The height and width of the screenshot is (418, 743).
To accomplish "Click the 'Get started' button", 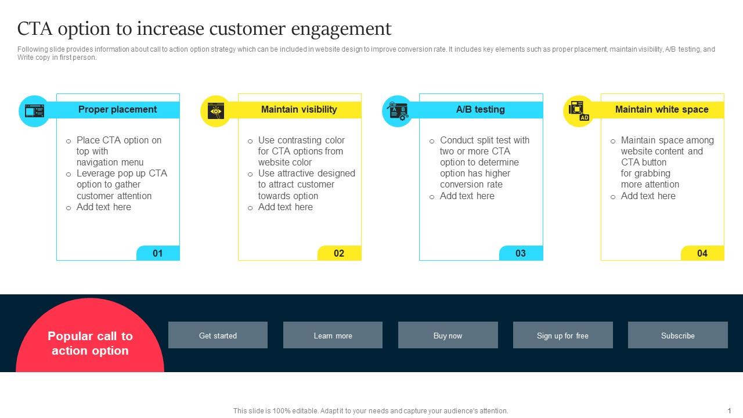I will pyautogui.click(x=218, y=335).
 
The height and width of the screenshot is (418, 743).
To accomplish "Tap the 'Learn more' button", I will pyautogui.click(x=333, y=335).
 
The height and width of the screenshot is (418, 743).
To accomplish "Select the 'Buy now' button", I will pyautogui.click(x=448, y=335).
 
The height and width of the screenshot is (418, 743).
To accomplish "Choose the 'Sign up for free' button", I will pyautogui.click(x=562, y=335).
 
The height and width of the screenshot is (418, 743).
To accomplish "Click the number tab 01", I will pyautogui.click(x=158, y=253).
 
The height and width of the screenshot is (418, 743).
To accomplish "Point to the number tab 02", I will pyautogui.click(x=339, y=253).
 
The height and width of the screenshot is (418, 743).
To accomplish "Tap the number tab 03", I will pyautogui.click(x=521, y=253).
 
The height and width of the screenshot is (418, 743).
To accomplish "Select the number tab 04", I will pyautogui.click(x=702, y=253).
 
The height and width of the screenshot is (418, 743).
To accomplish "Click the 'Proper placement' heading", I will pyautogui.click(x=117, y=110).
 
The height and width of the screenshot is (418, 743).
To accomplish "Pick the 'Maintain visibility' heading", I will pyautogui.click(x=299, y=110).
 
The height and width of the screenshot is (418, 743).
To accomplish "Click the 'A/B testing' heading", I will pyautogui.click(x=480, y=110).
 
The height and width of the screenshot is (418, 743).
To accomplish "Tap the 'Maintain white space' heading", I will pyautogui.click(x=662, y=110).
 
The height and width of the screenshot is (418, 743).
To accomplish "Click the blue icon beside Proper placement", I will pyautogui.click(x=34, y=111).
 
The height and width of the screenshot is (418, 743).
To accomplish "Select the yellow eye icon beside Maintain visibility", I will pyautogui.click(x=216, y=111).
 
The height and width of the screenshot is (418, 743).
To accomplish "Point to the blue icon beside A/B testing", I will pyautogui.click(x=398, y=111).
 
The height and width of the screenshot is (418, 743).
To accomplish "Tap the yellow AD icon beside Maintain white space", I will pyautogui.click(x=579, y=111).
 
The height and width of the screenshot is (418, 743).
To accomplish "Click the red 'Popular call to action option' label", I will pyautogui.click(x=90, y=343).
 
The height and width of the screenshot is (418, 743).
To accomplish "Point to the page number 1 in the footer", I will pyautogui.click(x=729, y=410).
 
